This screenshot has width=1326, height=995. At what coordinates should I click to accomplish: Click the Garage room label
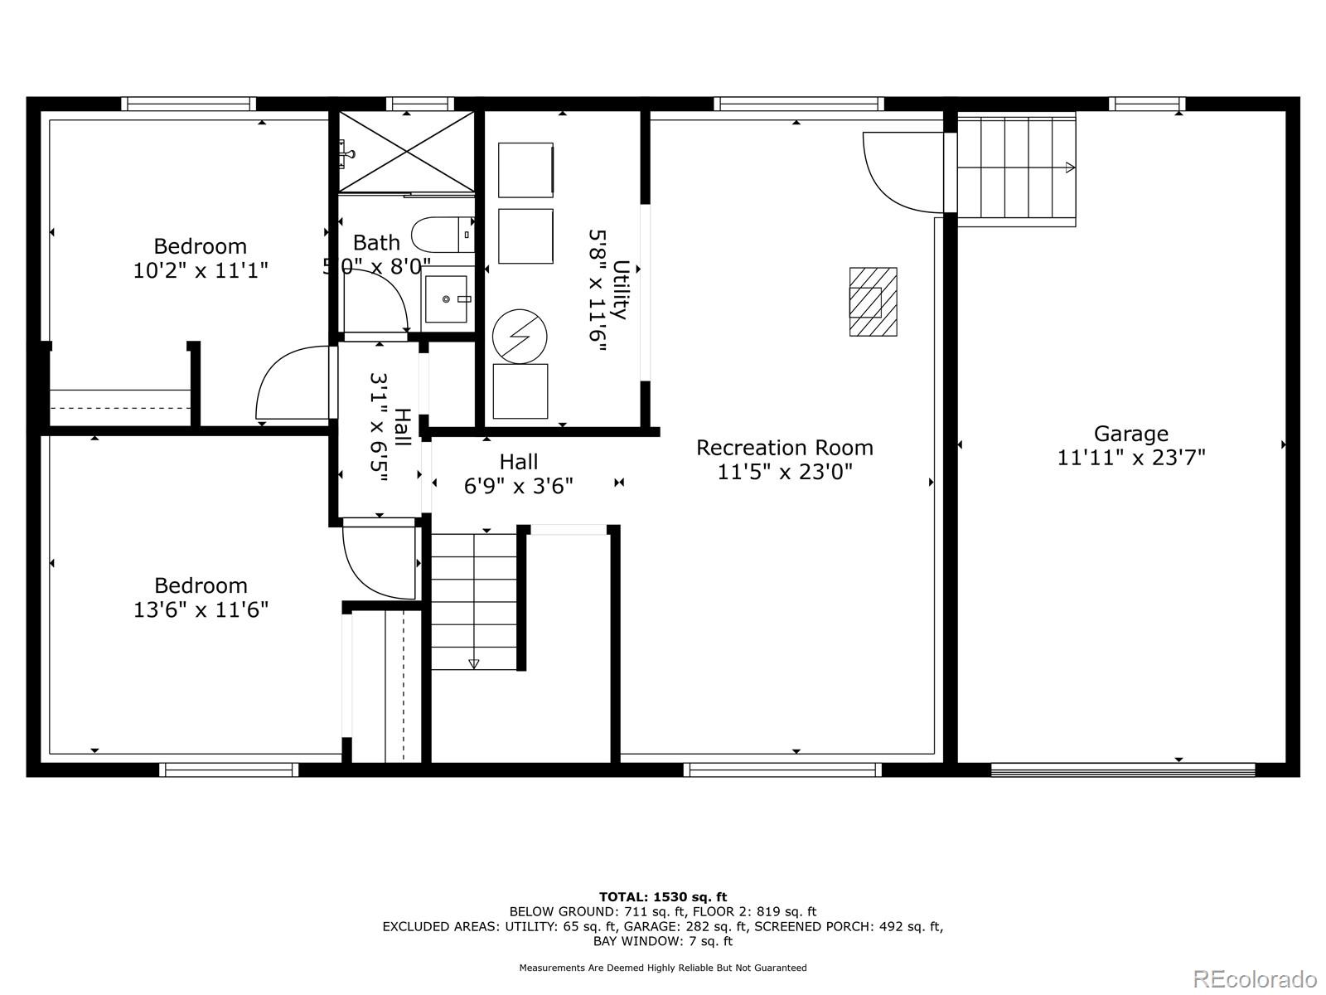[1130, 434]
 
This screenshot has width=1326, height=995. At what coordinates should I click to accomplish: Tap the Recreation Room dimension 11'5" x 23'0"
[784, 472]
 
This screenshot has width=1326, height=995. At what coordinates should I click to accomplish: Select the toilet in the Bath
[443, 235]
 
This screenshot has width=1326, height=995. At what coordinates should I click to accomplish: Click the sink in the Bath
[447, 298]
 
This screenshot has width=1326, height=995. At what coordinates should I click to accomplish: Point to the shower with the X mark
[406, 152]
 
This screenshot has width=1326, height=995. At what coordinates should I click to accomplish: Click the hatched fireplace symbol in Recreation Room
[873, 301]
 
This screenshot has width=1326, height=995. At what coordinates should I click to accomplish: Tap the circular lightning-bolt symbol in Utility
[520, 337]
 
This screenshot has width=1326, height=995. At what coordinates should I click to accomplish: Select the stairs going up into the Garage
[1016, 168]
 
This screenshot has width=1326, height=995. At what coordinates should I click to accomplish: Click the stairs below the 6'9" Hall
[474, 601]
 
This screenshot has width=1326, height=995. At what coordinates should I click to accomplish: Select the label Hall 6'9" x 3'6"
[519, 473]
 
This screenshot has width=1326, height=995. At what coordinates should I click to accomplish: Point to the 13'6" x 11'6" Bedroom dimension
[201, 610]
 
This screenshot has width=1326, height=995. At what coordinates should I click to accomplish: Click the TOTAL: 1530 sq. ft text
[662, 896]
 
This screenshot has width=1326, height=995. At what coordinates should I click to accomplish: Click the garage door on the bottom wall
[1122, 769]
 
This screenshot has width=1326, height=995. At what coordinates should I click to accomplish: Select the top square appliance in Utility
[525, 170]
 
